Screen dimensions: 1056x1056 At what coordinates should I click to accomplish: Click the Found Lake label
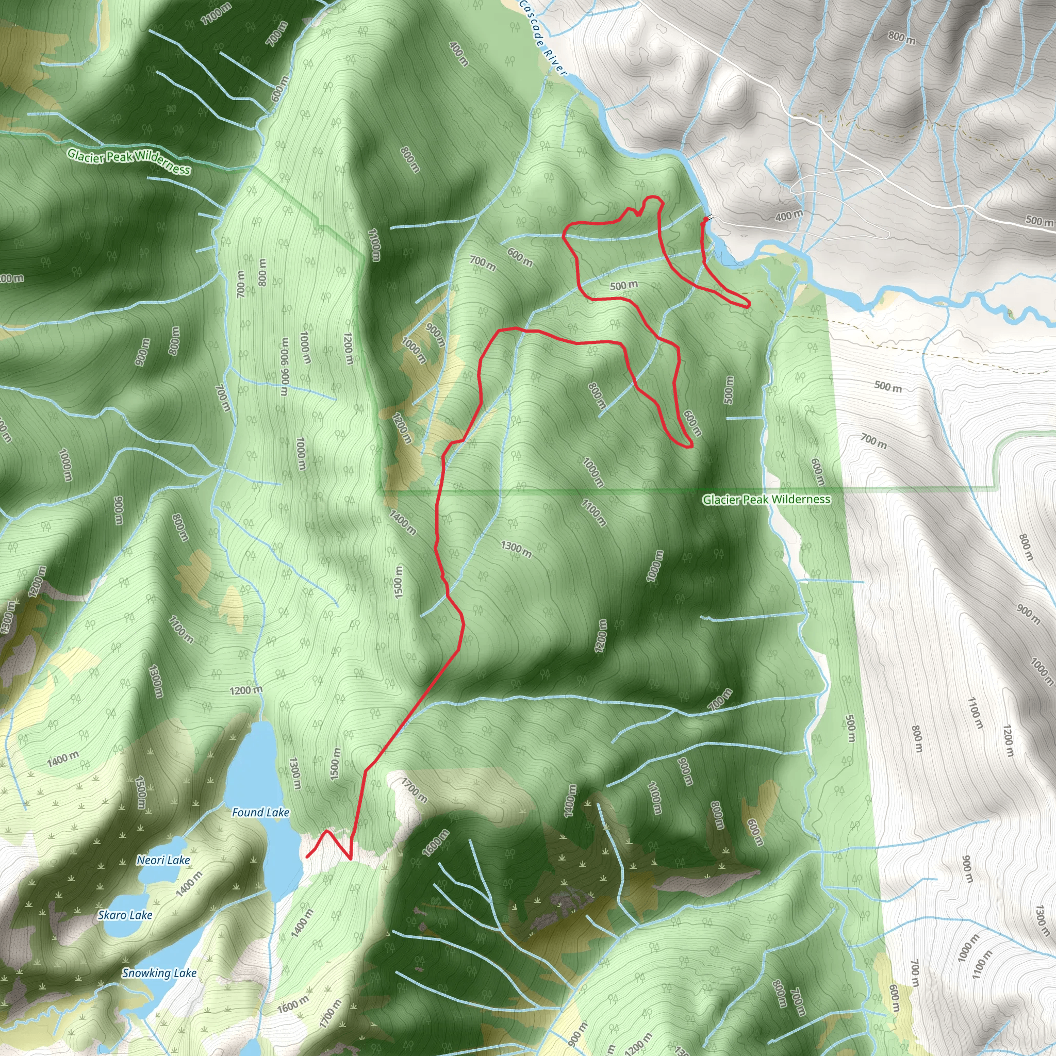point(260,813)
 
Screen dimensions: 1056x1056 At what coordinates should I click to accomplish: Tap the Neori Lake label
point(163,861)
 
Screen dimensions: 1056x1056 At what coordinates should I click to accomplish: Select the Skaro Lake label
point(125,915)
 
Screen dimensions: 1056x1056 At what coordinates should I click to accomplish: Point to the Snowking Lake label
point(158,973)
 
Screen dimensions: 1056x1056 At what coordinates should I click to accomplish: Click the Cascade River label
point(543,37)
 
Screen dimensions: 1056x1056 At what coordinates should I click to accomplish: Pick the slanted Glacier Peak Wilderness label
point(129,162)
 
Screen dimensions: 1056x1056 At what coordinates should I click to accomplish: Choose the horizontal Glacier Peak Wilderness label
point(766,499)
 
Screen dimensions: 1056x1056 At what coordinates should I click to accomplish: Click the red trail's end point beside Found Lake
point(308,856)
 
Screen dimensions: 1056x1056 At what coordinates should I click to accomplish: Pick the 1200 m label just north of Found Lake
point(246,690)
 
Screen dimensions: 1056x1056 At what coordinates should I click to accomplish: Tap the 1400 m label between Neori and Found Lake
point(189,884)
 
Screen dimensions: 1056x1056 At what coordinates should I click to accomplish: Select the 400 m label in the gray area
point(789,216)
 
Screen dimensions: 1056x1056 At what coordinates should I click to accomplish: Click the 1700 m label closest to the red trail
point(415,790)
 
